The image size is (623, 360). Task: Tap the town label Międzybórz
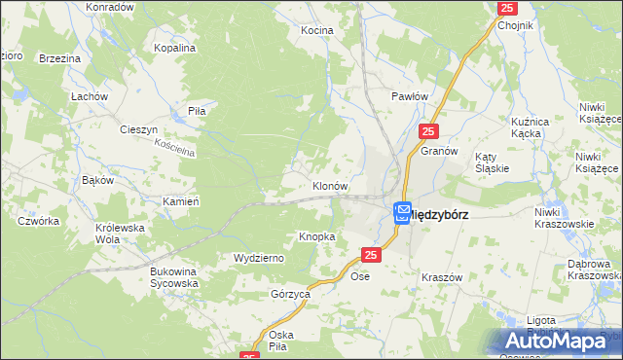click(x=438, y=214)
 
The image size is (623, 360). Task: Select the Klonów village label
click(x=329, y=185)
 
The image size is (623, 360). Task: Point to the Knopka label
click(x=317, y=236)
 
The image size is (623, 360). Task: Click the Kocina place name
click(x=316, y=31)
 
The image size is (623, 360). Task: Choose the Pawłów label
click(x=410, y=96)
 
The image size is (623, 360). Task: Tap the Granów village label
click(x=439, y=152)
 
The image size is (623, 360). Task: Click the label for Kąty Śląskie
click(x=491, y=162)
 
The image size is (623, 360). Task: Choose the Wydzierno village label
click(x=258, y=258)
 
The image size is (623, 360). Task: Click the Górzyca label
click(x=290, y=293)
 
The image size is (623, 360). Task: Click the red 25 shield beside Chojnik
click(x=506, y=8)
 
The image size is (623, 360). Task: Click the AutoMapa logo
click(x=560, y=342)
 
